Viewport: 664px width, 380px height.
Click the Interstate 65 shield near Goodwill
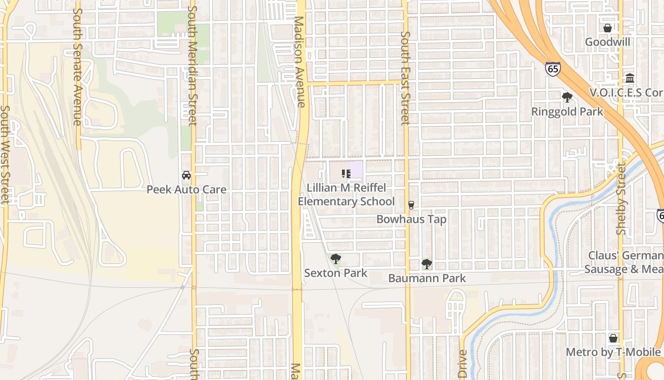pyautogui.click(x=553, y=69)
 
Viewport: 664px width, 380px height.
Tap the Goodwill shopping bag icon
pyautogui.click(x=607, y=28)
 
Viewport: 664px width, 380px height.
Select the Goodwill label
pyautogui.click(x=607, y=42)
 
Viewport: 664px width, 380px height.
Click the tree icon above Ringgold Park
pyautogui.click(x=567, y=98)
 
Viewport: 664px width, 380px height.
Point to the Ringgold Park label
pyautogui.click(x=567, y=112)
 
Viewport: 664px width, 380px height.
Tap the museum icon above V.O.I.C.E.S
pyautogui.click(x=630, y=78)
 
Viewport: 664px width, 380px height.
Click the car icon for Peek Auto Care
pyautogui.click(x=186, y=175)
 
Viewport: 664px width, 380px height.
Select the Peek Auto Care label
pyautogui.click(x=186, y=190)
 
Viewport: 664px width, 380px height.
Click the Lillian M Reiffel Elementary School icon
pyautogui.click(x=346, y=174)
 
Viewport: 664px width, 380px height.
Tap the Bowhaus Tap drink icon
pyautogui.click(x=411, y=205)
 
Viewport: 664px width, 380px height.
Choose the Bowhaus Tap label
pyautogui.click(x=411, y=219)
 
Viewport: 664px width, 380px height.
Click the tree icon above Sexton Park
pyautogui.click(x=336, y=259)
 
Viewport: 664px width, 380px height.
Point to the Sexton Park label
pyautogui.click(x=336, y=273)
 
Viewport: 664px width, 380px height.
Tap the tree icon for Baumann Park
pyautogui.click(x=427, y=264)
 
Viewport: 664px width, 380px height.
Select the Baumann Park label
pyautogui.click(x=427, y=278)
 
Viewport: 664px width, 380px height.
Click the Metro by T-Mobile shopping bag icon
pyautogui.click(x=613, y=338)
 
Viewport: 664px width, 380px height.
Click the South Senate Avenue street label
pyautogui.click(x=78, y=66)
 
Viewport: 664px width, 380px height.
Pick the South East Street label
pyautogui.click(x=405, y=78)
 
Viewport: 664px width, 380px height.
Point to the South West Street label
pyautogui.click(x=4, y=154)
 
